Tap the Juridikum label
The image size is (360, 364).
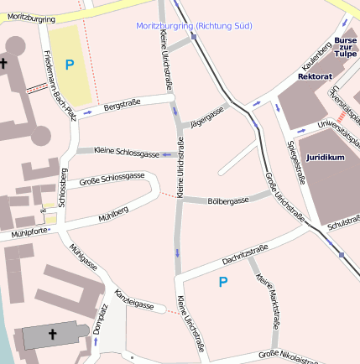325,157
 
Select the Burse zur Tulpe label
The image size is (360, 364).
345,46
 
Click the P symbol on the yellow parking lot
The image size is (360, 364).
69,64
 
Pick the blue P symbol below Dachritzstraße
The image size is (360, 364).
222,283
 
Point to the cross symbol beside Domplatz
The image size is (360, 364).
53,335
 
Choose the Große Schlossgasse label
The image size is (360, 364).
112,179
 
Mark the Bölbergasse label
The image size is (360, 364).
227,201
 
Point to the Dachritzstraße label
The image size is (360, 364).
245,254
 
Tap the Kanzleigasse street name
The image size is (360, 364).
133,300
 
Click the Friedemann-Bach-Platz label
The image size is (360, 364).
60,83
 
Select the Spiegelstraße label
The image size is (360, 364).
295,160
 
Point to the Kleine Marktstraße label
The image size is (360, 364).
269,299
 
